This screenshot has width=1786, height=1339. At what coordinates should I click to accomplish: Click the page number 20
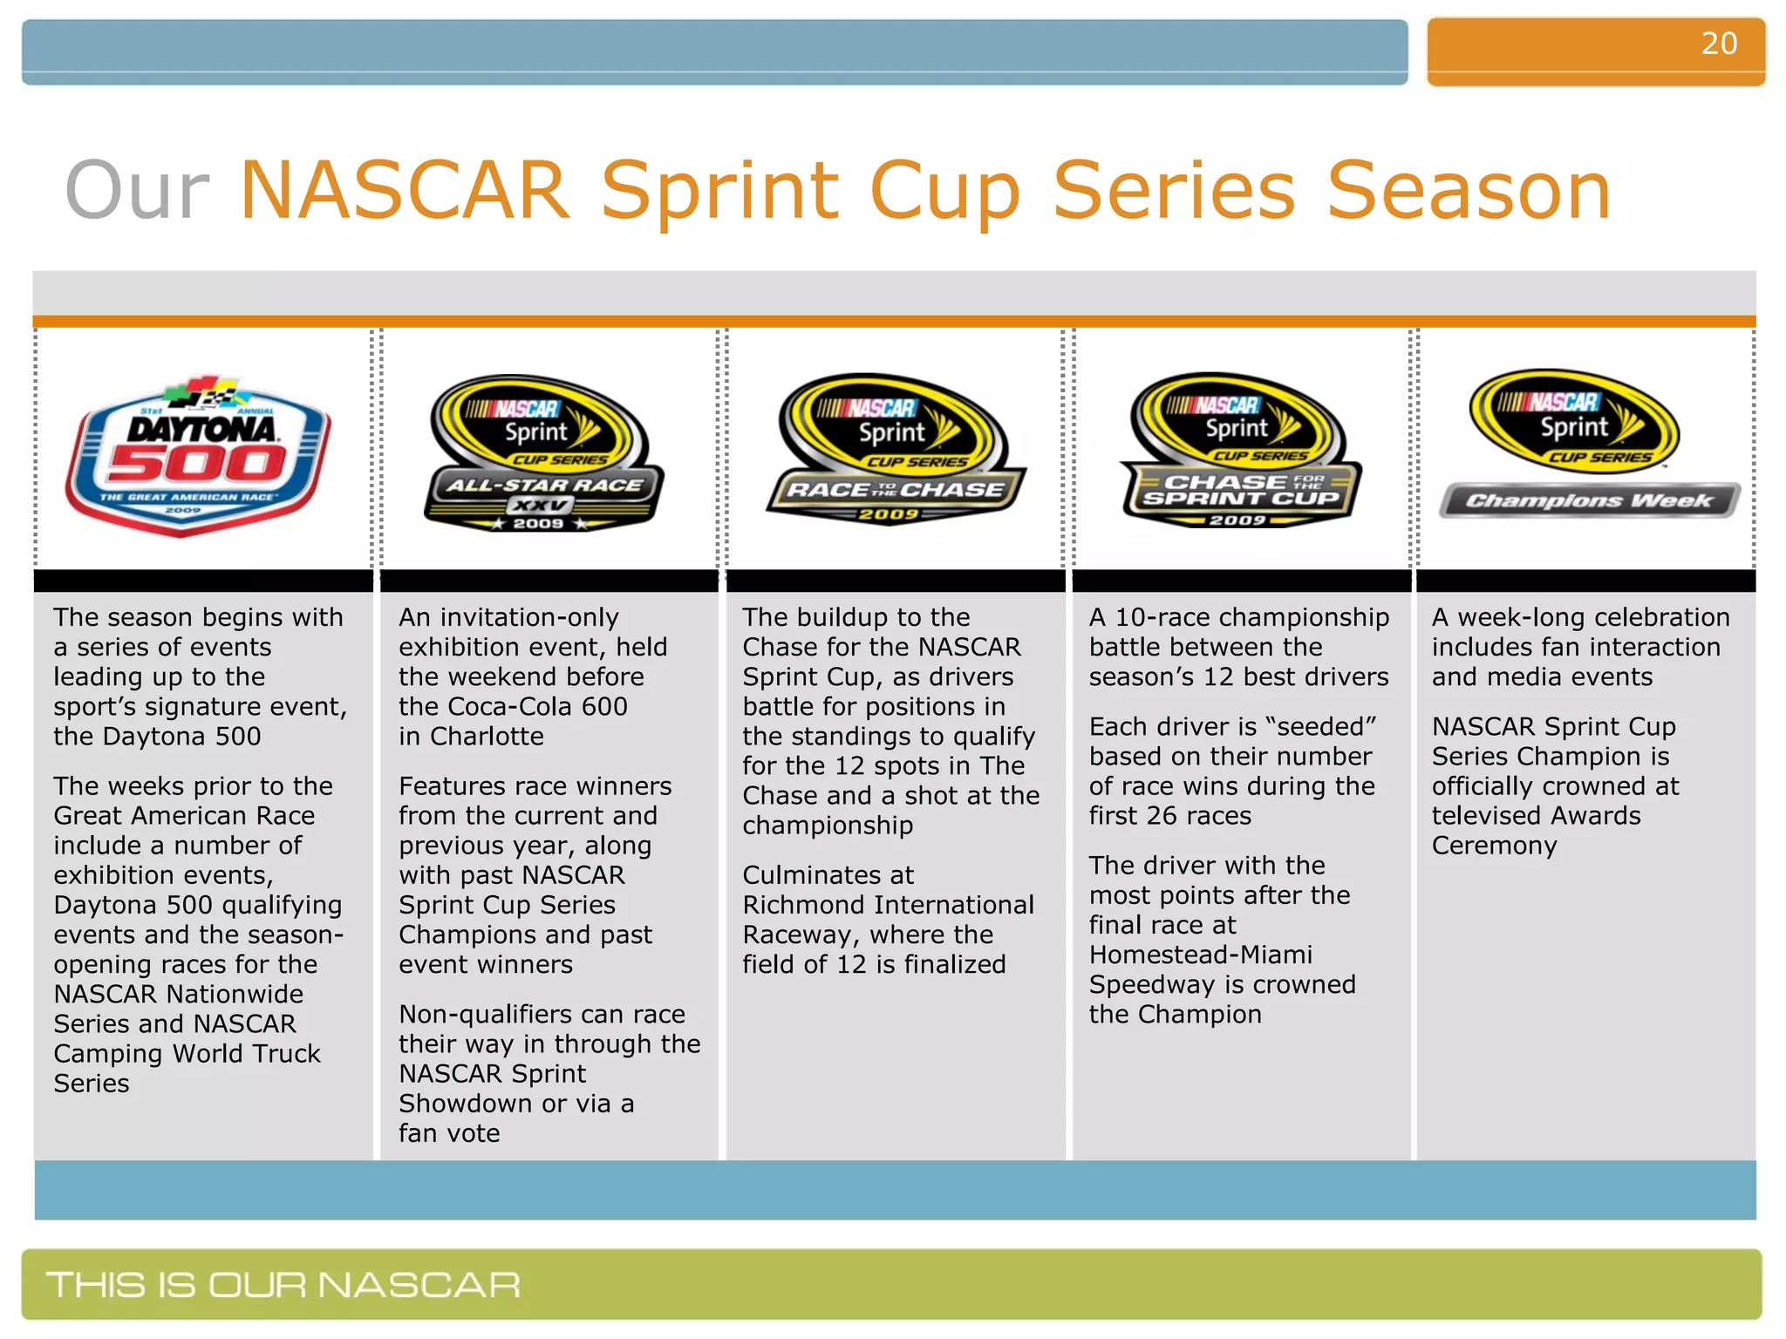1718,44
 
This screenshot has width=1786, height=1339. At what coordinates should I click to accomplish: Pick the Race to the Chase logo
895,449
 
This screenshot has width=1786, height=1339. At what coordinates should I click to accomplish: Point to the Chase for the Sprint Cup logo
1240,450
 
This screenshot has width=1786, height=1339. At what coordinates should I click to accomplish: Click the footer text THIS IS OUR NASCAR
283,1285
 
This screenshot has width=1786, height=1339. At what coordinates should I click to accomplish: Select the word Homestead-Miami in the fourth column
1200,955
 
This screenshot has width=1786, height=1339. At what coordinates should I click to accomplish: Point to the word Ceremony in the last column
1494,846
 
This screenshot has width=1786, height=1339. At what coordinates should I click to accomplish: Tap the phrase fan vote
449,1133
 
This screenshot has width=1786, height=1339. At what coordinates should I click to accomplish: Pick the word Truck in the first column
281,1054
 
